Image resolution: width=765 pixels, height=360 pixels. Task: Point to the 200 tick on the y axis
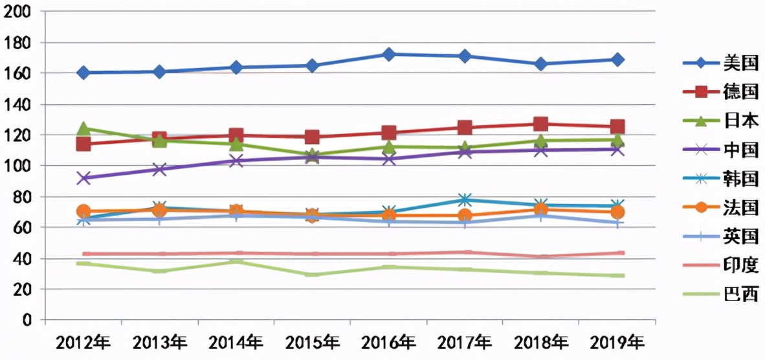coord(18,12)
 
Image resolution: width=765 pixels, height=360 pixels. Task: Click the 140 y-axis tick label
coord(18,104)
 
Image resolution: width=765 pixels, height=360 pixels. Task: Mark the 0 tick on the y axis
coord(27,320)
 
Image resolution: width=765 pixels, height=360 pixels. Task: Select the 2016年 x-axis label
coord(389,341)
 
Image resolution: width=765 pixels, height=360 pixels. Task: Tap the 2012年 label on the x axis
coord(83,341)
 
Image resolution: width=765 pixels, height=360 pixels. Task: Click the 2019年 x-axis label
coord(617,341)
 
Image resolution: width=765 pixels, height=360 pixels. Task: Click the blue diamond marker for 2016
coord(389,54)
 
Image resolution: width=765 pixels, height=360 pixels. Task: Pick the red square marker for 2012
coord(83,144)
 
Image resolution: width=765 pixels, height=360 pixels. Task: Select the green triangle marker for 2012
coord(83,129)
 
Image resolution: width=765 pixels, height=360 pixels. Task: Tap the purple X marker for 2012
coord(83,178)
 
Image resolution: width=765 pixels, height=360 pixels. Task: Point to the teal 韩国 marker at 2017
coord(465,199)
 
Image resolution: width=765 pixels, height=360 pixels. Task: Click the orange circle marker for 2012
coord(83,211)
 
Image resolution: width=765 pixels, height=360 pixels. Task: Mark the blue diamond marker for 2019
coord(617,60)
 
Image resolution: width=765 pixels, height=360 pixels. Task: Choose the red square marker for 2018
coord(541,124)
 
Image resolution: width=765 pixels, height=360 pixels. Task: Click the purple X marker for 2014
coord(236,160)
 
